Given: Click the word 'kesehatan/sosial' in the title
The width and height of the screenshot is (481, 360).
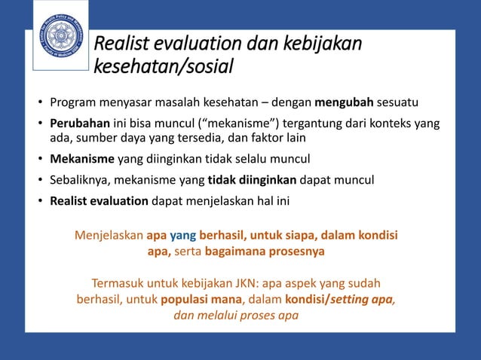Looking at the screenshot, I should [x=163, y=69].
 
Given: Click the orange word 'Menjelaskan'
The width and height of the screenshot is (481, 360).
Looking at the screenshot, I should [x=109, y=236].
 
